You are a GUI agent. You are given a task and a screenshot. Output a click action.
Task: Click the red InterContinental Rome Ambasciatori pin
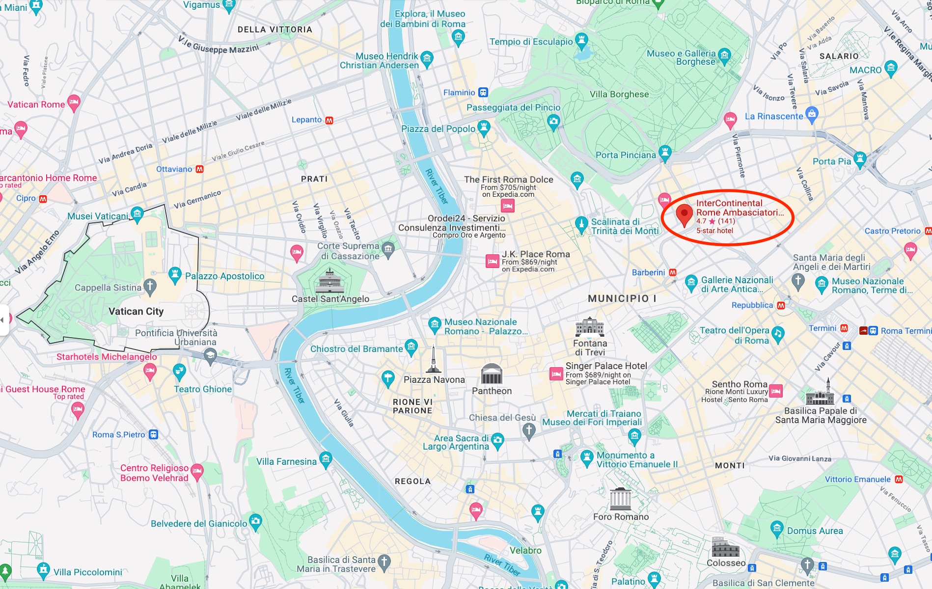coord(684,214)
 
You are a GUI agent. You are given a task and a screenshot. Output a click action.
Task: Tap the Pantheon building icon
coord(492,375)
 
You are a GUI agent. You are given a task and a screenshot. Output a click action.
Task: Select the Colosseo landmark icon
coord(725,547)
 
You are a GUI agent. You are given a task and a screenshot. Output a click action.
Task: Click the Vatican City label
coord(136,311)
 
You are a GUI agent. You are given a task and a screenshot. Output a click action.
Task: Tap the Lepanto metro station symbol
coord(329,120)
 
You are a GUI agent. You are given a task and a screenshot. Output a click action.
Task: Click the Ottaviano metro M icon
coord(199,169)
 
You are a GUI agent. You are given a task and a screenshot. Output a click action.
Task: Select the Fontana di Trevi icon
coord(590,327)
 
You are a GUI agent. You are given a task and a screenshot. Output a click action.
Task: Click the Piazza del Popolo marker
coord(484,128)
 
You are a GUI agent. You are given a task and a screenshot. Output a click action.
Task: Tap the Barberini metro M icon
coord(673,272)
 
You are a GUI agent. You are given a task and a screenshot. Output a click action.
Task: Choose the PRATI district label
coord(314,179)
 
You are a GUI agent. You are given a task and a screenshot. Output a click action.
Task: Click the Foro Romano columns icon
coord(621,499)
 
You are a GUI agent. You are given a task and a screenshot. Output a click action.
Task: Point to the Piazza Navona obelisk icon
coord(433,360)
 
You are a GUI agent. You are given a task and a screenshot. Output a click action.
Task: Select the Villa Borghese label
coord(619,94)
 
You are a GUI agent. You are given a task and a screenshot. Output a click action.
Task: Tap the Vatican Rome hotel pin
coord(74,103)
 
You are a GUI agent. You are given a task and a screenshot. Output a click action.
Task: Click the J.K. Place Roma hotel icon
coord(492,261)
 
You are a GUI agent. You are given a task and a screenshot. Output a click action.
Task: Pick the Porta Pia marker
coord(859,160)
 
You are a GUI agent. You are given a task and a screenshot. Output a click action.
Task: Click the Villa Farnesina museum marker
coord(326,460)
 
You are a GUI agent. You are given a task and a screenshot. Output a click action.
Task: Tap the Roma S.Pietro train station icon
coord(154,434)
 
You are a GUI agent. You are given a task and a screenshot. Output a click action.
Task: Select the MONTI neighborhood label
coord(730,465)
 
